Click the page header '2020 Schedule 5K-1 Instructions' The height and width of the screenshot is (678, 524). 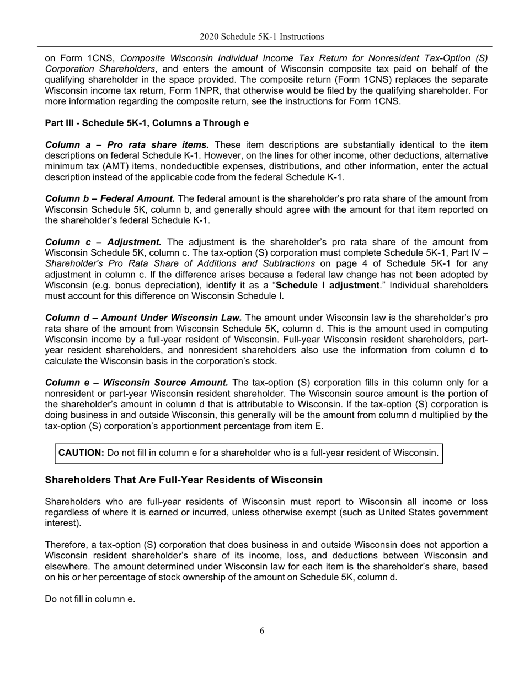coord(261,36)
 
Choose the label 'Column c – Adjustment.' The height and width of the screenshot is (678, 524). coord(103,242)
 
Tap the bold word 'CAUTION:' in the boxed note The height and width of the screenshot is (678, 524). coord(81,453)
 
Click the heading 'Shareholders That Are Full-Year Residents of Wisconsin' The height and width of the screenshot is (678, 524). coord(183,480)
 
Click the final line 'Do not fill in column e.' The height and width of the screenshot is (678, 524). coord(90,599)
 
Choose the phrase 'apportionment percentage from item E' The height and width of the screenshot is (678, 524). coord(238,426)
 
